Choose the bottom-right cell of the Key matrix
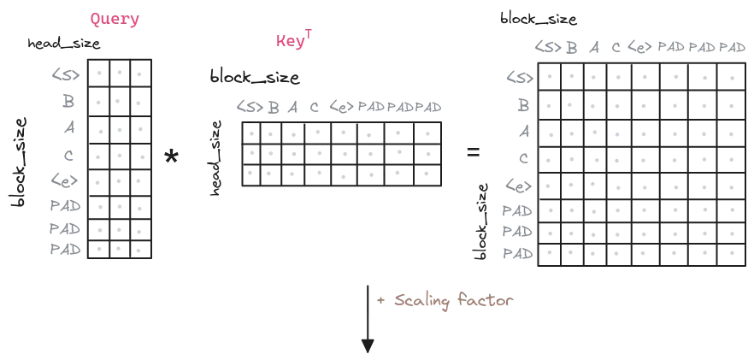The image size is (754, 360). (427, 178)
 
